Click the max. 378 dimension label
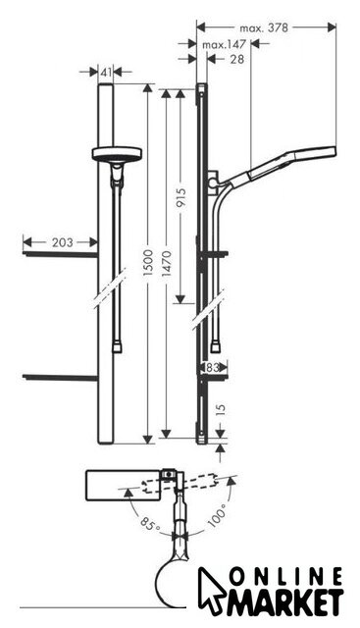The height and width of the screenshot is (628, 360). (264, 28)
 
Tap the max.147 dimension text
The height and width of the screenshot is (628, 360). (224, 44)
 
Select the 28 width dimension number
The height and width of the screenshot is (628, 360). (237, 59)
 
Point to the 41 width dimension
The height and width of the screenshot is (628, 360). (106, 73)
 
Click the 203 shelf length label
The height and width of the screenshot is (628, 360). (63, 242)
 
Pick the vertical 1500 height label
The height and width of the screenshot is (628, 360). (148, 263)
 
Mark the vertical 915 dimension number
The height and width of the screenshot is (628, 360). (181, 198)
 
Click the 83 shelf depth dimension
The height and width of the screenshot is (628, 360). (213, 367)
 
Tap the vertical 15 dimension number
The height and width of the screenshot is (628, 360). (221, 410)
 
